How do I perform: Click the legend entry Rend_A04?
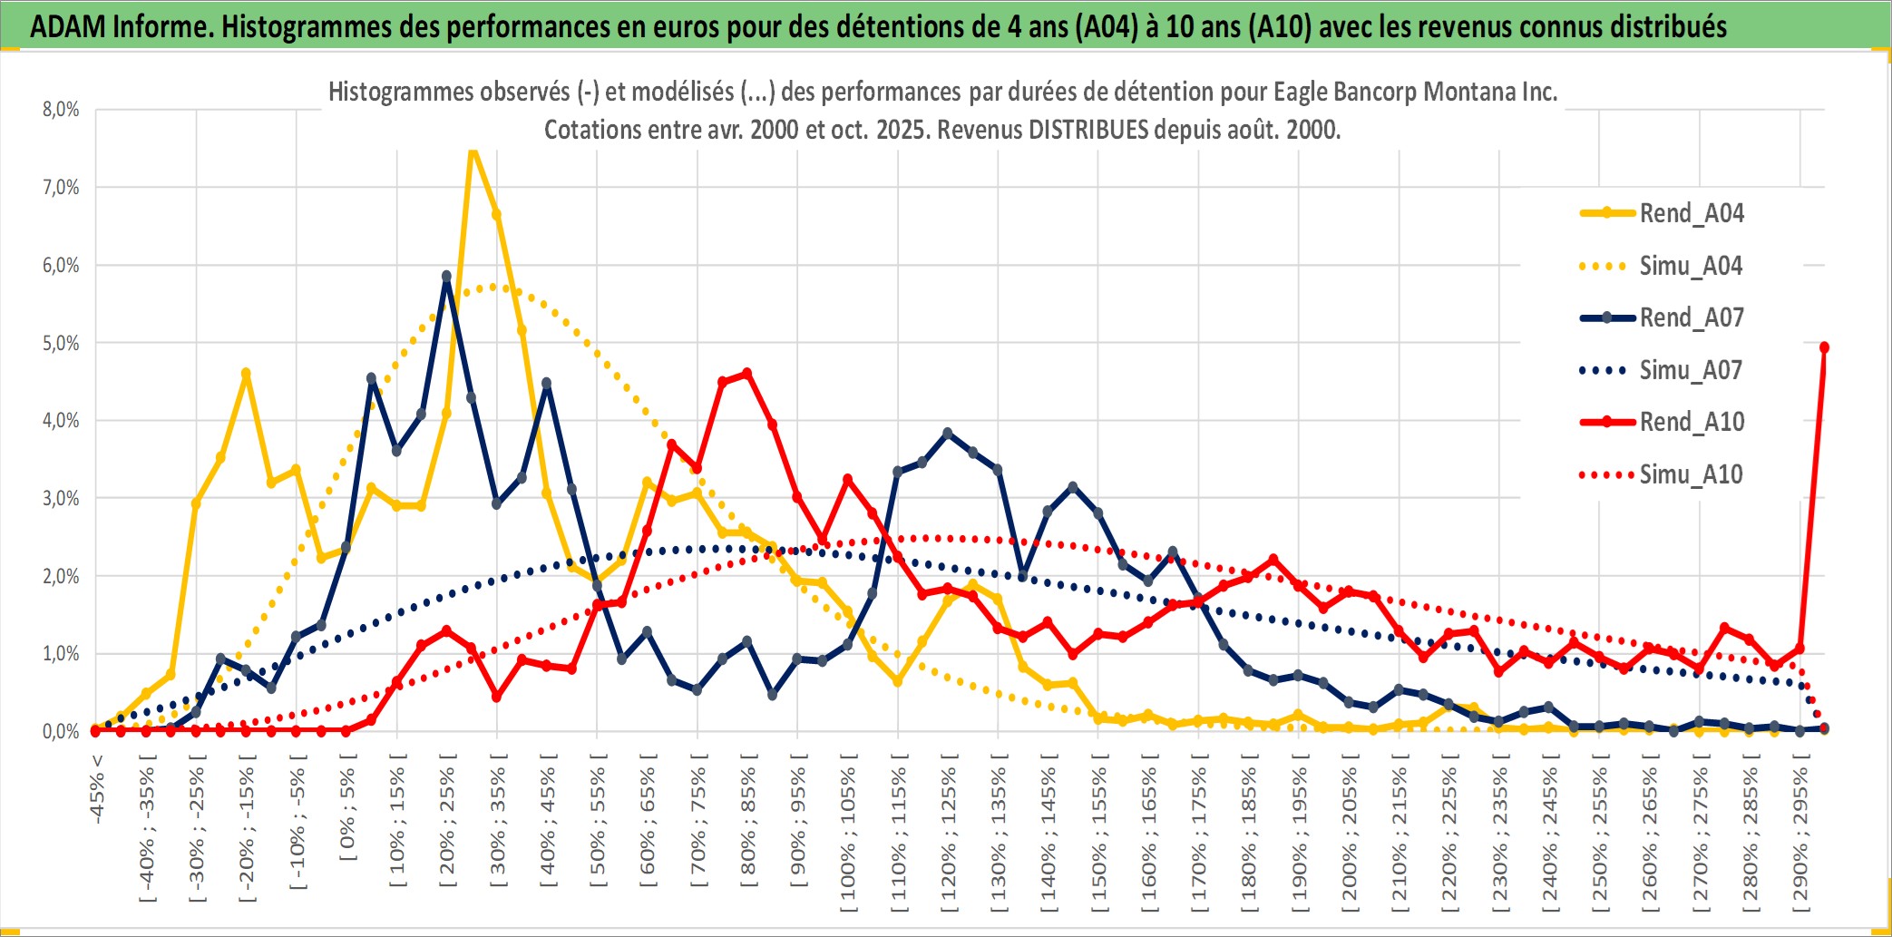click(1691, 213)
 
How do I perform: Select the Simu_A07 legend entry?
click(1691, 370)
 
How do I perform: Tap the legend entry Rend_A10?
click(1692, 422)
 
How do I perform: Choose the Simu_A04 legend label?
click(1691, 266)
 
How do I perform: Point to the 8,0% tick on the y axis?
click(61, 110)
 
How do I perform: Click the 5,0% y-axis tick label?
click(61, 343)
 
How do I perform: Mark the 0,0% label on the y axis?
click(61, 731)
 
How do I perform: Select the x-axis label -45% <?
click(97, 788)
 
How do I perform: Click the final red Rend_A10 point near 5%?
click(1824, 347)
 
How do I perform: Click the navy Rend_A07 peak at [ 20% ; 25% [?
click(446, 276)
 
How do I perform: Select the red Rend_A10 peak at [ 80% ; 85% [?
click(746, 373)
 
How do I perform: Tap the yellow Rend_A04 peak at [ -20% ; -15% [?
click(246, 373)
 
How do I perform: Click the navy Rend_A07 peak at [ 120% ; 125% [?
click(948, 434)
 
